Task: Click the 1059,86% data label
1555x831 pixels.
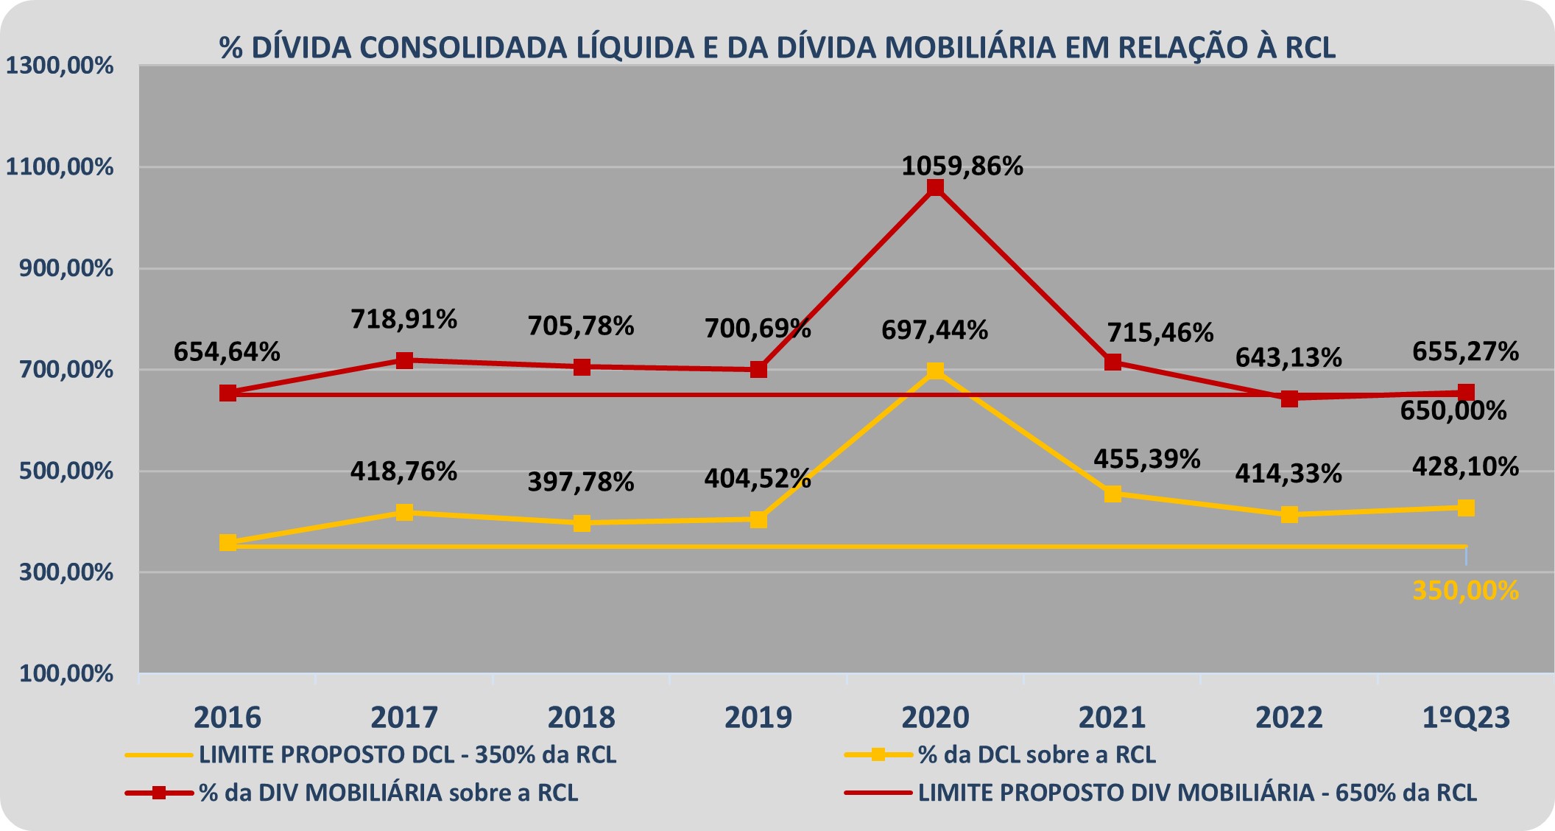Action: (x=962, y=166)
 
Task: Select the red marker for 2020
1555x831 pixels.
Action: (x=935, y=188)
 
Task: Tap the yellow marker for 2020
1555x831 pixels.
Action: (x=935, y=371)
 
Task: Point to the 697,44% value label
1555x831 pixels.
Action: (x=934, y=330)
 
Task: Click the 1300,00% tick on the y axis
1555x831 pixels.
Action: (x=60, y=66)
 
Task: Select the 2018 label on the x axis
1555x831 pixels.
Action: (x=582, y=717)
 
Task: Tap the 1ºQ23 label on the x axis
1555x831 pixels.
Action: (x=1465, y=717)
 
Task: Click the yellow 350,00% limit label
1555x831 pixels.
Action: (x=1465, y=591)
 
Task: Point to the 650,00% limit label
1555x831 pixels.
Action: (x=1453, y=410)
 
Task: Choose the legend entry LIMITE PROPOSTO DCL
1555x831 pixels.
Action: (x=407, y=755)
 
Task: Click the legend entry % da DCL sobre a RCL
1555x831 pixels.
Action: (x=1037, y=755)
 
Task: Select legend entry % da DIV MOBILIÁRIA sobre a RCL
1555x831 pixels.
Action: (x=388, y=793)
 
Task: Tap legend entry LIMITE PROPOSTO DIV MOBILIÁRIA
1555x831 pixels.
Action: (x=1197, y=793)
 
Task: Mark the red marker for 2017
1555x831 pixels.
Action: (x=404, y=360)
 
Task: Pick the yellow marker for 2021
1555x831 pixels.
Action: (x=1113, y=494)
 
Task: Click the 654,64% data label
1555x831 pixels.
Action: (x=227, y=352)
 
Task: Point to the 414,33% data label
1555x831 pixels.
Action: (x=1288, y=473)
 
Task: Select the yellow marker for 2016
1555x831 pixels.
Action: (x=228, y=543)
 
